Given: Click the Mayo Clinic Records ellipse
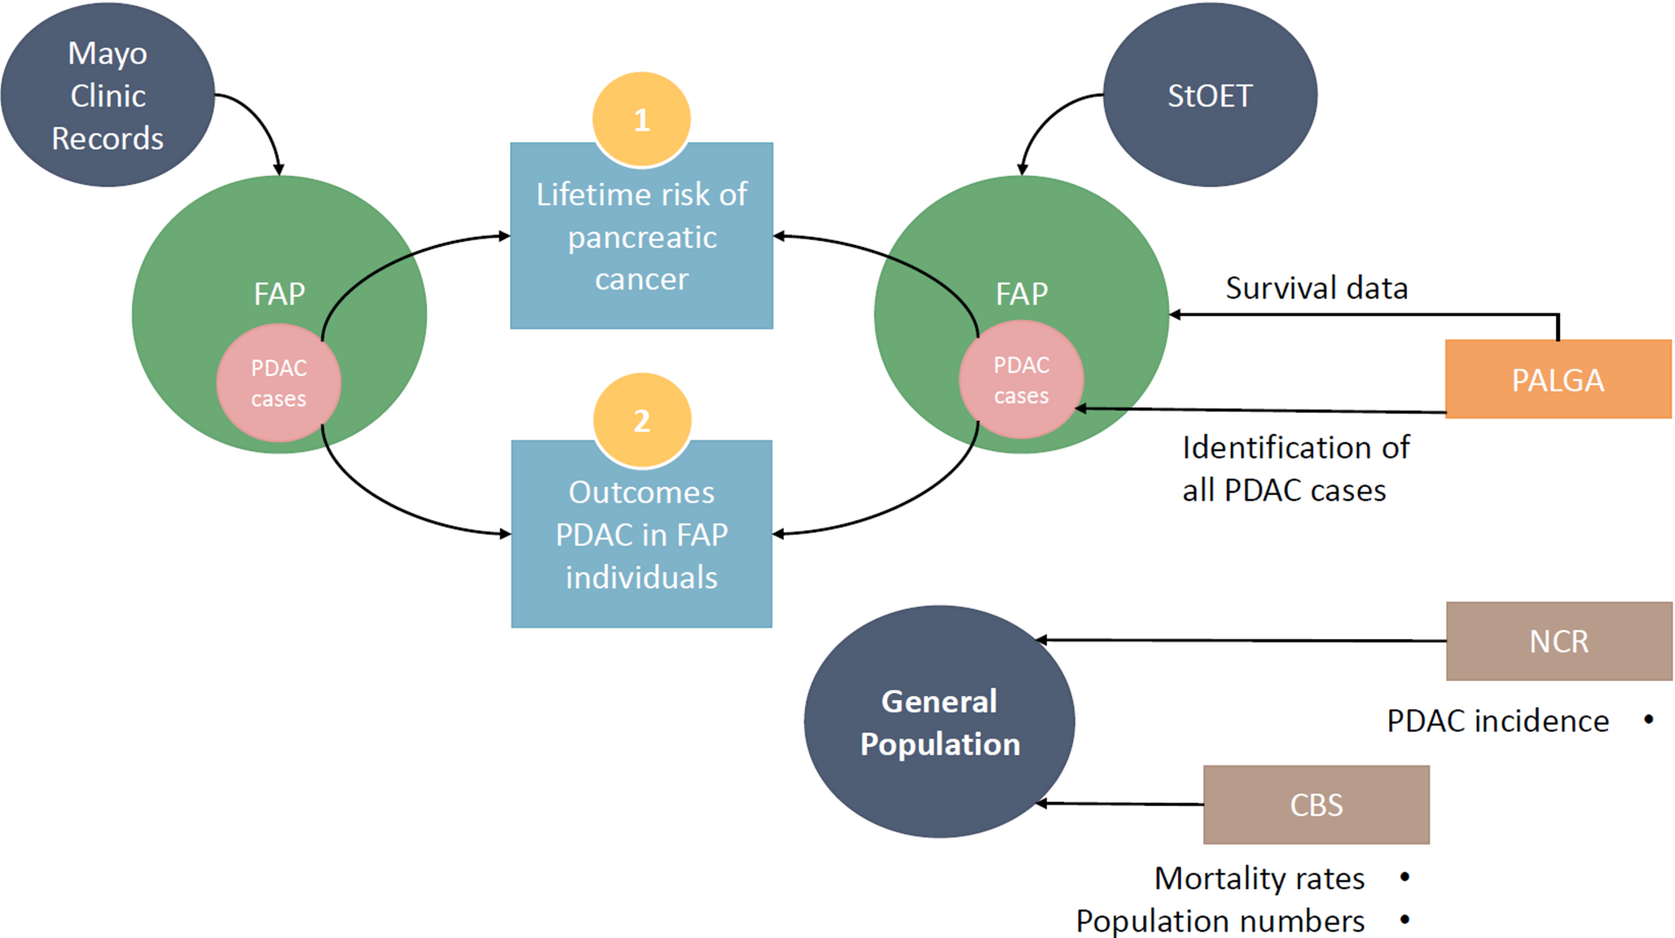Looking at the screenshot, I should pyautogui.click(x=108, y=95).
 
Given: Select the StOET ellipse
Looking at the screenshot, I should pyautogui.click(x=1210, y=95).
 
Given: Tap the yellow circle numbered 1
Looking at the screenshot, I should pyautogui.click(x=642, y=119).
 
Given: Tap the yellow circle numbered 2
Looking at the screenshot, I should pyautogui.click(x=642, y=420).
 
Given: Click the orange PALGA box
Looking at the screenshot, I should pyautogui.click(x=1558, y=379).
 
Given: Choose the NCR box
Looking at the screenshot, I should pyautogui.click(x=1558, y=641).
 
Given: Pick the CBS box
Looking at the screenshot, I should pyautogui.click(x=1316, y=804).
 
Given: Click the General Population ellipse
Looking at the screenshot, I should pyautogui.click(x=939, y=722).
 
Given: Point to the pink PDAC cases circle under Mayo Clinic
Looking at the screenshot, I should pyautogui.click(x=279, y=383).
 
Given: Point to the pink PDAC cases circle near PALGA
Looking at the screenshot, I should pyautogui.click(x=1021, y=379).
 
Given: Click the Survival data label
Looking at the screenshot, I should pyautogui.click(x=1317, y=288).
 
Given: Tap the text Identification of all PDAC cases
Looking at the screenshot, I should pyautogui.click(x=1295, y=469).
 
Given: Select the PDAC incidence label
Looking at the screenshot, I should pyautogui.click(x=1497, y=721).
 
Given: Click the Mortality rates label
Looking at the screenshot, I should pyautogui.click(x=1260, y=879).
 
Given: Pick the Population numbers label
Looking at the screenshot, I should pyautogui.click(x=1220, y=921).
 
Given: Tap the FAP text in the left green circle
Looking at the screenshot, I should pyautogui.click(x=279, y=294).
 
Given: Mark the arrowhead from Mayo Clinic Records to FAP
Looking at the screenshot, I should pyautogui.click(x=279, y=169).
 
